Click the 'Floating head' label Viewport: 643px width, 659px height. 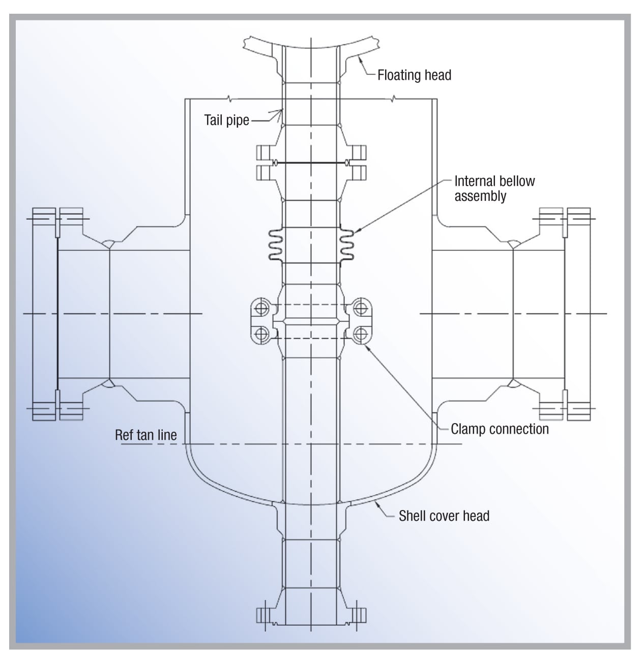414,75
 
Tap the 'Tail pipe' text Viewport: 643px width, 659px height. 226,121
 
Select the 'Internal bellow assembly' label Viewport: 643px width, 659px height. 494,189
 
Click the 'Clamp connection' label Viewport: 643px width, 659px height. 500,429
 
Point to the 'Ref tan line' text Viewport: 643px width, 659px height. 146,435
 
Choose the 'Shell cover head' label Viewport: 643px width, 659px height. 444,516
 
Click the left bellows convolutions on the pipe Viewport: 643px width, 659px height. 275,245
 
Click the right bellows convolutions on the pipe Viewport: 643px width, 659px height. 346,245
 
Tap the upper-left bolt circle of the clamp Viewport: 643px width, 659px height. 262,308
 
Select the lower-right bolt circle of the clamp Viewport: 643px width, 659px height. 360,334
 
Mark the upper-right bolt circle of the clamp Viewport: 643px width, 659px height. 360,308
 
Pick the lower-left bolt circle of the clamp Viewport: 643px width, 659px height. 262,334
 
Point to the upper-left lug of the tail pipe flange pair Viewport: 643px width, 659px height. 265,152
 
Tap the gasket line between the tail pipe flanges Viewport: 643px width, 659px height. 310,163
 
